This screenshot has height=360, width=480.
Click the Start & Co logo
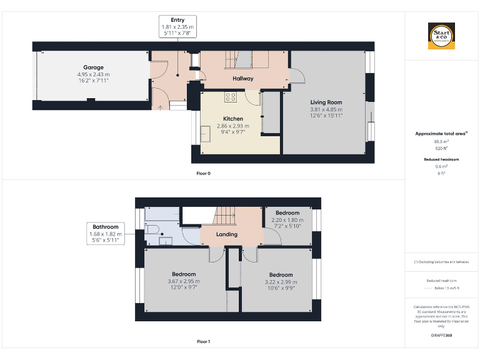coord(441,36)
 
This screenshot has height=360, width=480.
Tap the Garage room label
coord(93,67)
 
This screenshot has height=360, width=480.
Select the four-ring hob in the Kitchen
coord(231,97)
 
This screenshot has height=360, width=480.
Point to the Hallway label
coord(243,79)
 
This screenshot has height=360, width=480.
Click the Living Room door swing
coord(297,75)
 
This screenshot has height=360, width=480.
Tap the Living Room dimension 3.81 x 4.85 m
coord(326,110)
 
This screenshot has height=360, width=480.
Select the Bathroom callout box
coord(104,233)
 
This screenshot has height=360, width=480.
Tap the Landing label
coord(226,234)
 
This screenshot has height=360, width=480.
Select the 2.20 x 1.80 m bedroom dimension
coord(287,220)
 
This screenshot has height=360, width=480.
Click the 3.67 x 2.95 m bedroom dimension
coord(184,282)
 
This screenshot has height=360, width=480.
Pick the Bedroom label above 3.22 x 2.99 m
coord(281,275)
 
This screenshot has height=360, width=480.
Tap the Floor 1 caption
coord(203,342)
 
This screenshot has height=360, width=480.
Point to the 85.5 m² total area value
coord(441,142)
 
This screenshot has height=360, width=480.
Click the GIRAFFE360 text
coord(441,336)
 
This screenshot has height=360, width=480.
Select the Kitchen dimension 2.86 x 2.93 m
coord(232,126)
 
